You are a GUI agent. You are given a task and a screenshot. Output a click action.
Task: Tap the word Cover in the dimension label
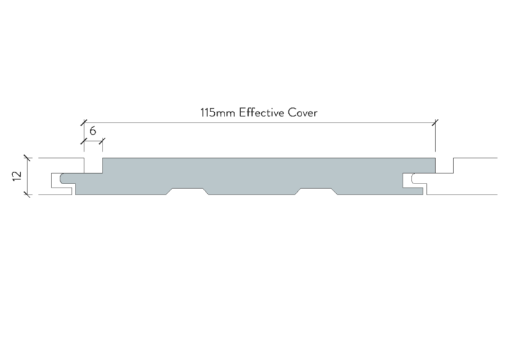303,113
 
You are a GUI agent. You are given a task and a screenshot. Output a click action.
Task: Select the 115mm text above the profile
218,113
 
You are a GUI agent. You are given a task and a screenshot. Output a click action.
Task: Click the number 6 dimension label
93,131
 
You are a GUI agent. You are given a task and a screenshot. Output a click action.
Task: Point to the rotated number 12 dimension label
17,176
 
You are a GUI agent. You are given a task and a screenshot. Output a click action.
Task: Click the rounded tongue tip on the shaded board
62,179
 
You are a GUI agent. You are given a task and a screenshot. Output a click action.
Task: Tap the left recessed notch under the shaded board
187,191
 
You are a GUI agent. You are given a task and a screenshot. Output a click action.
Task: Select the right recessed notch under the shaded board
316,191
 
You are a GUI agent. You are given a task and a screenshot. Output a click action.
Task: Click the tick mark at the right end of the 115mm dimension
435,123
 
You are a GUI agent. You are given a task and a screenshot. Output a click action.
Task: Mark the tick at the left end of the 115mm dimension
84,123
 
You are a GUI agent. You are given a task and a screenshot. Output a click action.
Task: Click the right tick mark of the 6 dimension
103,141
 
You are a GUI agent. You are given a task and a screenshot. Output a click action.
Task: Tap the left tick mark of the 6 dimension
84,141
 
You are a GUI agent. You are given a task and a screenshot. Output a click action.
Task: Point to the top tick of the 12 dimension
28,159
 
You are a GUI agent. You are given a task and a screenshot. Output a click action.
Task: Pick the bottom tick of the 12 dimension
28,195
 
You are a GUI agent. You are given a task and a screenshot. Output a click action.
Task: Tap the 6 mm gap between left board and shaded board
94,165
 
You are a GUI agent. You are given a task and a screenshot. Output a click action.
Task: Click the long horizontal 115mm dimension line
260,123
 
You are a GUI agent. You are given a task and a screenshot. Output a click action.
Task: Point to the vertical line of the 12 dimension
28,177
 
